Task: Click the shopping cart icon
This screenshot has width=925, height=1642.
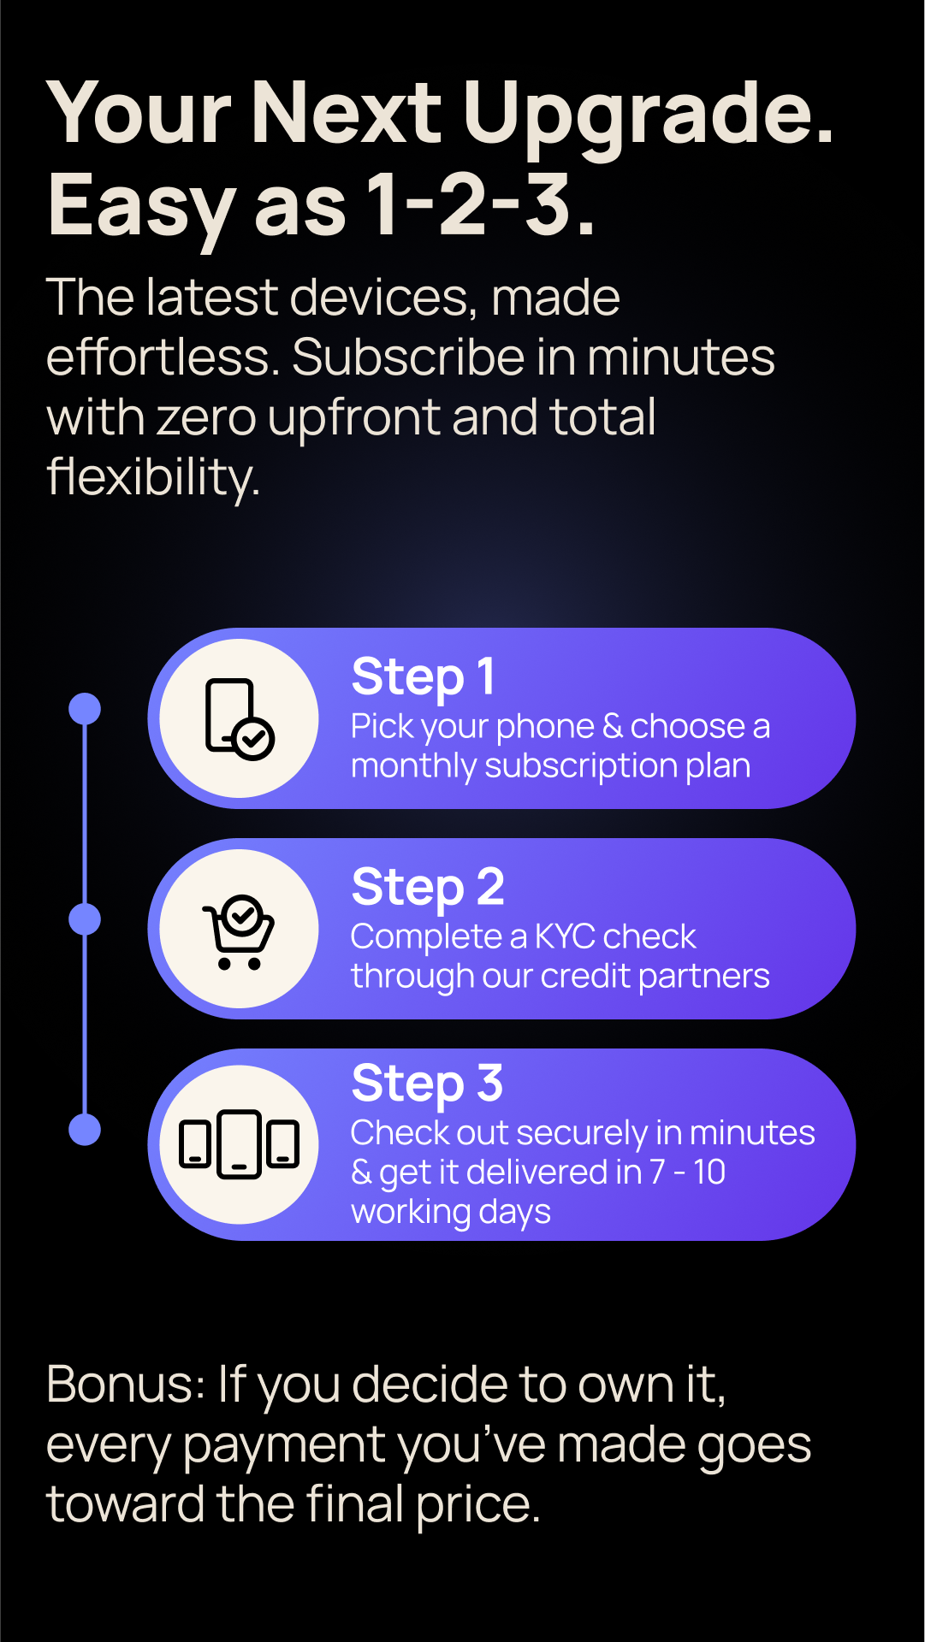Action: click(x=239, y=931)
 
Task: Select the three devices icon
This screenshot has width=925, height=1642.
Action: click(x=239, y=1144)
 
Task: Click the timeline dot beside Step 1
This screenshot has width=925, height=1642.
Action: click(x=85, y=708)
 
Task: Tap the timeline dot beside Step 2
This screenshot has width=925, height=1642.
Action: click(x=85, y=919)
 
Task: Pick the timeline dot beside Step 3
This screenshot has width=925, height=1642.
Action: click(x=85, y=1130)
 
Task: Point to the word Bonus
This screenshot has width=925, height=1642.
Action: click(x=125, y=1385)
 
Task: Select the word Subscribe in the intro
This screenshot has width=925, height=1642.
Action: click(x=409, y=357)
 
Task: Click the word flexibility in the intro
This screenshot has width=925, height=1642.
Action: click(x=153, y=477)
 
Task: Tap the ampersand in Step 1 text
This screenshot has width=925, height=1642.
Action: click(x=613, y=727)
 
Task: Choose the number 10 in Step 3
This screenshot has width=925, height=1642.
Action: click(x=709, y=1172)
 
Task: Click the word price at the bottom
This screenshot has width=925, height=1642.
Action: click(x=478, y=1506)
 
